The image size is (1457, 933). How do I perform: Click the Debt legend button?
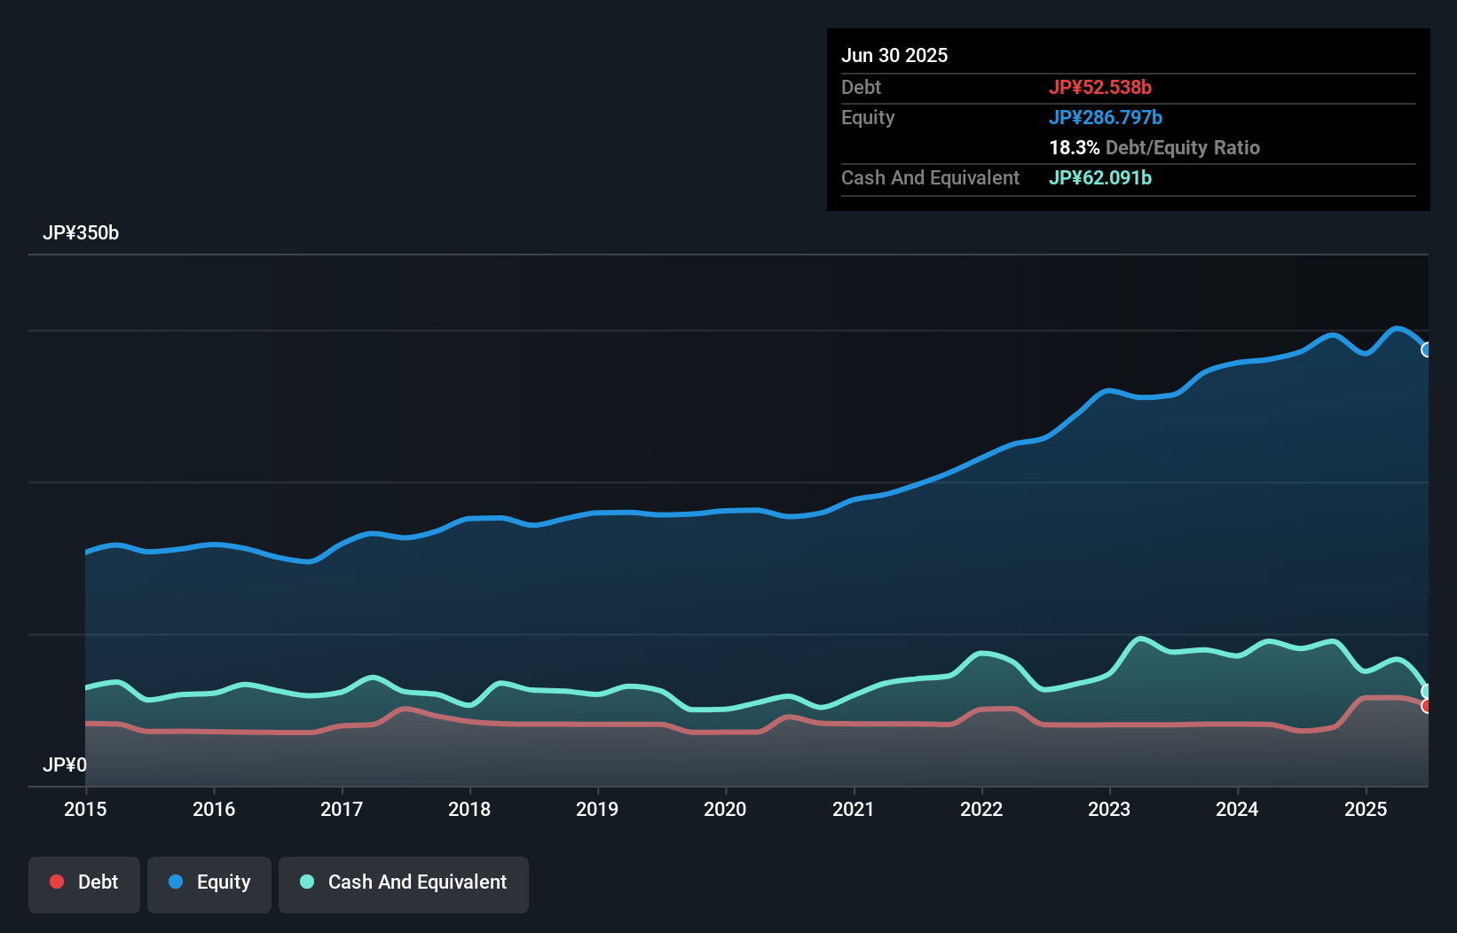click(84, 883)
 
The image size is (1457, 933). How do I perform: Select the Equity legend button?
click(209, 883)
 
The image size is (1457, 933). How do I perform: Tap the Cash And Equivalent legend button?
click(404, 883)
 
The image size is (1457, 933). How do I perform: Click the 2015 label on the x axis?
click(85, 809)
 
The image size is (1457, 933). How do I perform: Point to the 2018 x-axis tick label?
click(469, 809)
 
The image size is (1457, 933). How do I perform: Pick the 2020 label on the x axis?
click(725, 809)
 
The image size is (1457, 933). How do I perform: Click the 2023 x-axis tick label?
click(1109, 809)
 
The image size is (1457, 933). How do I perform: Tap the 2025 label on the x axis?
click(1365, 809)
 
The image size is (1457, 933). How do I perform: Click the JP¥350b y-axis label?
click(81, 233)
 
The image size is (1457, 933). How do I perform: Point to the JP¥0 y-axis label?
click(65, 764)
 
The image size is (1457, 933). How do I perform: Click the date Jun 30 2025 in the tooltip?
click(894, 56)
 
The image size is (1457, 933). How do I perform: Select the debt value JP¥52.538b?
click(1099, 87)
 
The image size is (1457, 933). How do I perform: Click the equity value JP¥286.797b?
click(1105, 117)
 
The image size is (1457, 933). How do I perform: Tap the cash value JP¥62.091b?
click(1099, 177)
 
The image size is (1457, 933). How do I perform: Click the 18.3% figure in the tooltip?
click(1074, 147)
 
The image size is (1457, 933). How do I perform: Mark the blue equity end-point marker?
click(1427, 349)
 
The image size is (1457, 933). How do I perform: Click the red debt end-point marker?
click(1427, 706)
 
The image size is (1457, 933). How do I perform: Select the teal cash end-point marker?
click(1427, 691)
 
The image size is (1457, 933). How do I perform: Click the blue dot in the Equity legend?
click(176, 882)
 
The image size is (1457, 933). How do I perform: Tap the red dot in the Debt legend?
click(57, 882)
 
